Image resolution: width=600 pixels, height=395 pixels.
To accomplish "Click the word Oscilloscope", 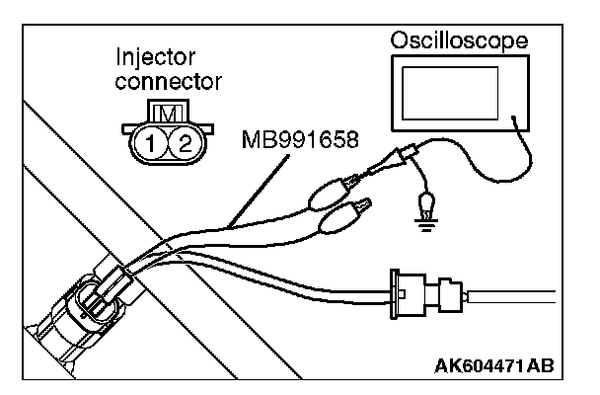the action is (x=459, y=40).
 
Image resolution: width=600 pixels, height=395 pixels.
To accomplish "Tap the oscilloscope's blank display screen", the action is (x=450, y=93).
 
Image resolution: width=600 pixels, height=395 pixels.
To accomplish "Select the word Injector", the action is (x=155, y=58).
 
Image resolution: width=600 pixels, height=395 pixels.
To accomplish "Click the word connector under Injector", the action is (x=169, y=82).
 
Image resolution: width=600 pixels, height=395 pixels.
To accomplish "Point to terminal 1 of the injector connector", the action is (x=150, y=143).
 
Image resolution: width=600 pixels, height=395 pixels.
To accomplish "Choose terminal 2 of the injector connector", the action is (x=185, y=143).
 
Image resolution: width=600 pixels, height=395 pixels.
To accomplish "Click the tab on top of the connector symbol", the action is (x=168, y=112).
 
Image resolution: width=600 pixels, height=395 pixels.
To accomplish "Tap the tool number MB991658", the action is (x=300, y=139).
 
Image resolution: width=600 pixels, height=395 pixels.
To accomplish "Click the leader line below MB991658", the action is (x=259, y=191).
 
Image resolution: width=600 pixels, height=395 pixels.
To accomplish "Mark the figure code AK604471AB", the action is (x=494, y=366).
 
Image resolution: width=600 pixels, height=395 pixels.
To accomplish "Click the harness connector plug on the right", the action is (x=428, y=294).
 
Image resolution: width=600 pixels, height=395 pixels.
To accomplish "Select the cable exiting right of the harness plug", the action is (x=511, y=296).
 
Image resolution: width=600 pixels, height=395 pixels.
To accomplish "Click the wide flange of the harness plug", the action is (x=394, y=294).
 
